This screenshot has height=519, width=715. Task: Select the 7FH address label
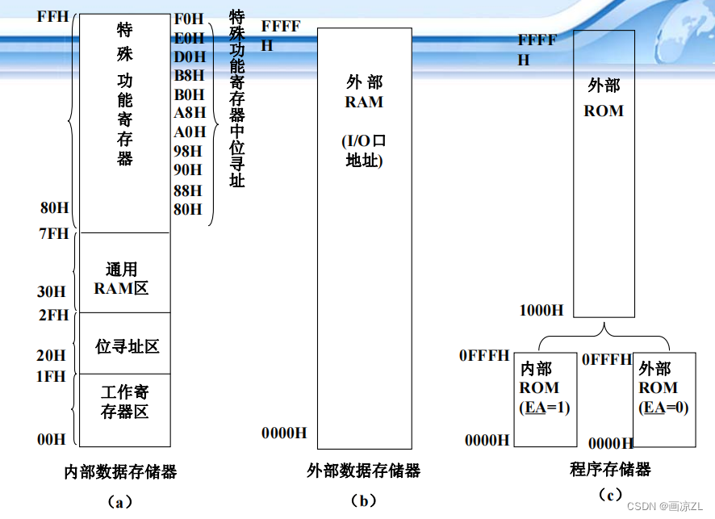(54, 234)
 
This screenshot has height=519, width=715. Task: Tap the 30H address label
(51, 291)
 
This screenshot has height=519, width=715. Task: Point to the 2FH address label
(54, 315)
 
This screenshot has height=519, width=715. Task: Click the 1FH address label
(52, 375)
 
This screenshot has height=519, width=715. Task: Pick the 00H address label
(52, 439)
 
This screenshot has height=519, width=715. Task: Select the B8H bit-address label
(190, 76)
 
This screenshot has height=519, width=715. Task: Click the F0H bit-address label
(190, 19)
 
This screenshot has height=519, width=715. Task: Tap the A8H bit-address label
(190, 113)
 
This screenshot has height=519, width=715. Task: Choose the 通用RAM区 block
(124, 278)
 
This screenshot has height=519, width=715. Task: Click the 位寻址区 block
(124, 346)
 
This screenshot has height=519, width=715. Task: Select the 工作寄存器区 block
(124, 402)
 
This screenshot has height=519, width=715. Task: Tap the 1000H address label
(541, 310)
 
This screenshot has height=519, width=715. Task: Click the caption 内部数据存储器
(120, 471)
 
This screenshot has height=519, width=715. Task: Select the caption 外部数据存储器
(364, 471)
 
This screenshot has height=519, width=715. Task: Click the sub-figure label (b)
(363, 501)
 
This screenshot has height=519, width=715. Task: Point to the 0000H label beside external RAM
(284, 433)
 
